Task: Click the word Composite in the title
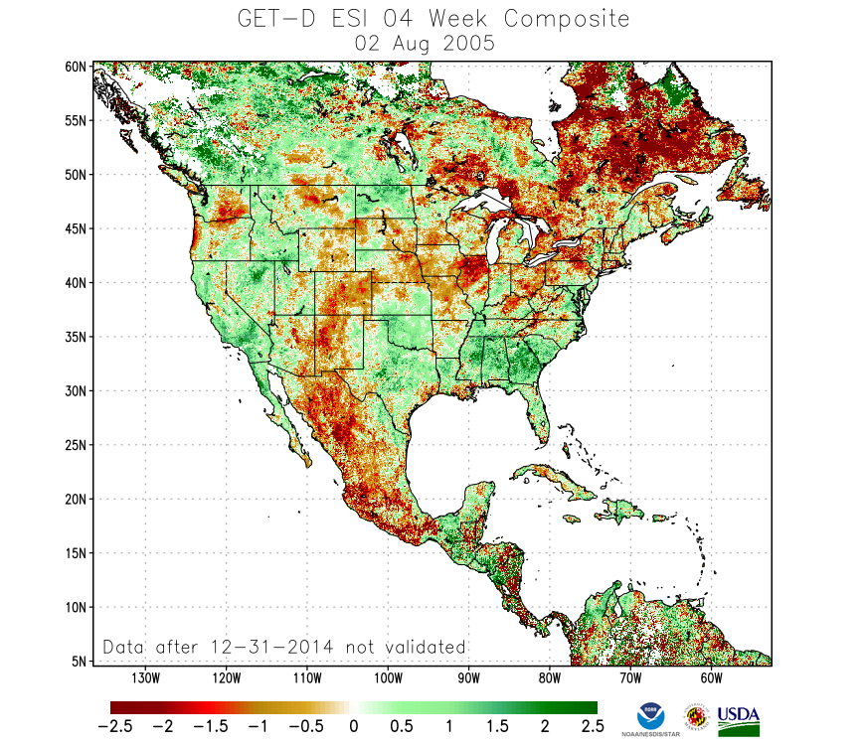(x=567, y=19)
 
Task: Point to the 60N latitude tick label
(x=77, y=67)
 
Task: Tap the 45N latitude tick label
(x=77, y=228)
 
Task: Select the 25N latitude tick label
(x=77, y=445)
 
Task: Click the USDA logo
(x=739, y=719)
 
